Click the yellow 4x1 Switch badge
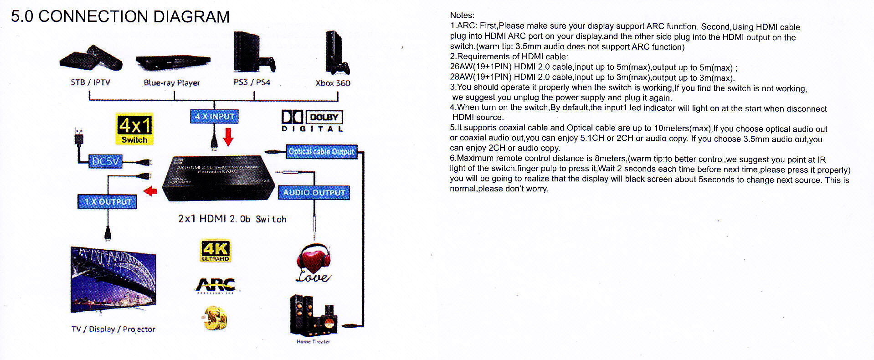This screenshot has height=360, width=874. pyautogui.click(x=134, y=129)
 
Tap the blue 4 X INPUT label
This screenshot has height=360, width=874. pyautogui.click(x=214, y=117)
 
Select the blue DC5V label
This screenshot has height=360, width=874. pyautogui.click(x=105, y=161)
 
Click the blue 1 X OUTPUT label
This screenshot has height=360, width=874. pyautogui.click(x=108, y=201)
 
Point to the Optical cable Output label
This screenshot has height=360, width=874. pyautogui.click(x=321, y=151)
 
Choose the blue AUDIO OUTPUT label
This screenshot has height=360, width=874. pyautogui.click(x=314, y=192)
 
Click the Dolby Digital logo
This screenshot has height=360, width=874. pyautogui.click(x=312, y=121)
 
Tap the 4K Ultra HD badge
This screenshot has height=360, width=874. pyautogui.click(x=216, y=251)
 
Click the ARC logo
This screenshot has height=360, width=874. pyautogui.click(x=216, y=285)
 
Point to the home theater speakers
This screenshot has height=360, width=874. pyautogui.click(x=314, y=315)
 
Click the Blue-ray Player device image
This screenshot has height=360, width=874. pyautogui.click(x=173, y=62)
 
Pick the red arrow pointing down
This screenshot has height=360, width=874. pyautogui.click(x=229, y=136)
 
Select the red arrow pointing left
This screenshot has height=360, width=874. pyautogui.click(x=150, y=191)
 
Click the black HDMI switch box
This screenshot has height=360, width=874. pyautogui.click(x=219, y=178)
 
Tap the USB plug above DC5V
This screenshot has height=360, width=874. pyautogui.click(x=79, y=135)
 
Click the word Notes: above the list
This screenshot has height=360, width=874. pyautogui.click(x=462, y=15)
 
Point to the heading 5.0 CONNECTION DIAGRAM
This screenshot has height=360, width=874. pyautogui.click(x=120, y=16)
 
